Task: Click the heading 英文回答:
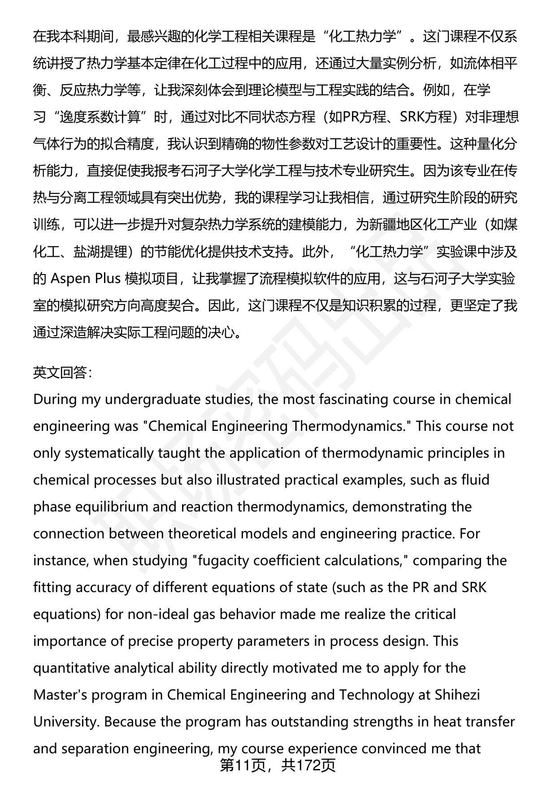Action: click(62, 373)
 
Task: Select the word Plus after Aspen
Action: click(108, 279)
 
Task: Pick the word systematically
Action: click(108, 453)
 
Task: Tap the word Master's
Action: click(61, 695)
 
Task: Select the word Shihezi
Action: click(457, 695)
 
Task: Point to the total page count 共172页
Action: click(308, 766)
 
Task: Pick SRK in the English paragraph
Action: click(474, 587)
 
